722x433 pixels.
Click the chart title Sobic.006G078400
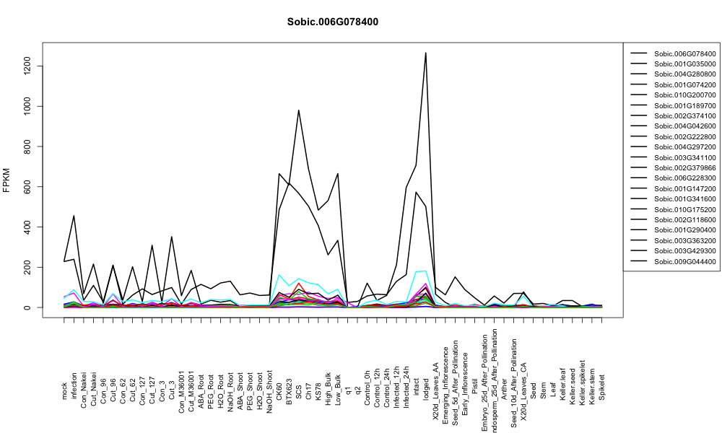pyautogui.click(x=332, y=22)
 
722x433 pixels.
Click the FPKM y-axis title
pyautogui.click(x=6, y=180)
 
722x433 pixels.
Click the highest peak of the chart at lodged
pyautogui.click(x=425, y=53)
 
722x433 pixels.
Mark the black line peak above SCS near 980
pyautogui.click(x=298, y=110)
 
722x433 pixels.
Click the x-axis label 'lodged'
pyautogui.click(x=426, y=389)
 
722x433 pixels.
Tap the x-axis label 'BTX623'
pyautogui.click(x=289, y=391)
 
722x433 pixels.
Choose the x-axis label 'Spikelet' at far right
pyautogui.click(x=602, y=388)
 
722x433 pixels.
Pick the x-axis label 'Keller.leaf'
pyautogui.click(x=562, y=384)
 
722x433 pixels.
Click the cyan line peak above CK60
pyautogui.click(x=279, y=275)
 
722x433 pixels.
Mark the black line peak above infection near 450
pyautogui.click(x=74, y=216)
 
